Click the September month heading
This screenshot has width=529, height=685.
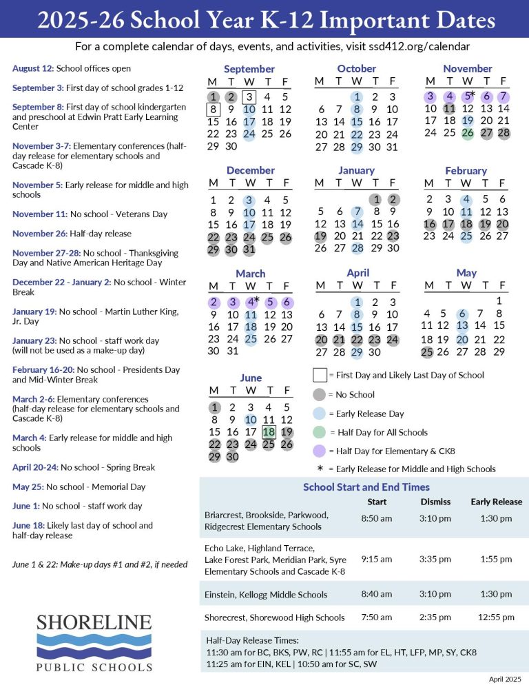coord(249,69)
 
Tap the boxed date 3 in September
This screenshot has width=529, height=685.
coord(250,96)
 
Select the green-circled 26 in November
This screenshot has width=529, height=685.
coord(468,132)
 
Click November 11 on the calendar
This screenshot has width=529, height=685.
coord(449,109)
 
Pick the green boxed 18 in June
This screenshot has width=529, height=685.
coord(268,431)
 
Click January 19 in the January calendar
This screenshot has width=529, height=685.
coord(320,236)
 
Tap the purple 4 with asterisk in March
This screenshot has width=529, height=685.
coord(251,301)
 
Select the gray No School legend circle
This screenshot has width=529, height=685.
coord(320,395)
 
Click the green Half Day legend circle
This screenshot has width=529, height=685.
coord(320,433)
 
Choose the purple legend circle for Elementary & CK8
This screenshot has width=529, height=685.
coord(320,451)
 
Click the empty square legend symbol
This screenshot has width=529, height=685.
coord(320,376)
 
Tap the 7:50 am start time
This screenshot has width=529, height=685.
coord(376,617)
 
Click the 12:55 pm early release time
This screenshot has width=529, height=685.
coord(496,617)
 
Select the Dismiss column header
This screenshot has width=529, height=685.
coord(435,502)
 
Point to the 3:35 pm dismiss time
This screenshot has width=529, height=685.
coord(435,559)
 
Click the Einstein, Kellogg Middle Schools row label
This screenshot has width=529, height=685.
coord(266,595)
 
